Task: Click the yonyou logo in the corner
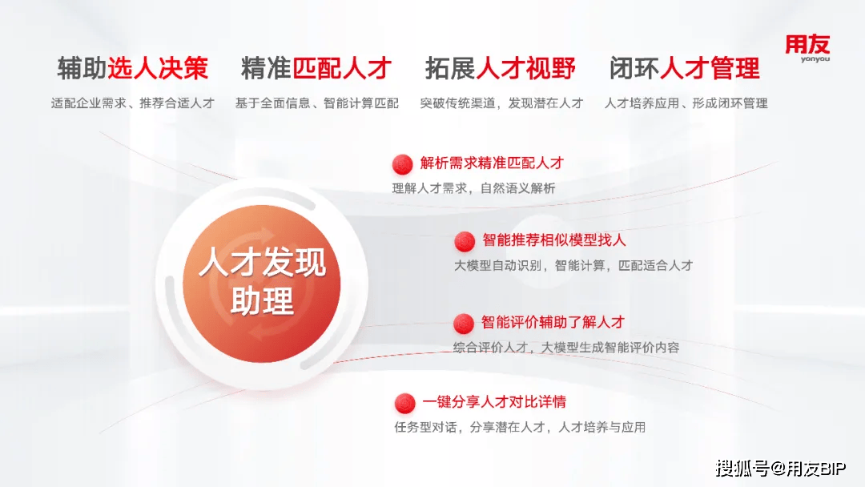coord(807,48)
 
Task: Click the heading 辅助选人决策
coord(133,68)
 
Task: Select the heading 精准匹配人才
coord(316,68)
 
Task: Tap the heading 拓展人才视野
coord(501,68)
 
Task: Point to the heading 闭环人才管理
coord(685,68)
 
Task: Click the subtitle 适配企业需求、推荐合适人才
coord(133,103)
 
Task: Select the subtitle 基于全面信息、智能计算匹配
coord(316,103)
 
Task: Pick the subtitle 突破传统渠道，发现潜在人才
coord(501,103)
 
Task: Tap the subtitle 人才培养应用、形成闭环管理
coord(686,103)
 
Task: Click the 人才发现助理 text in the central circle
coord(262,281)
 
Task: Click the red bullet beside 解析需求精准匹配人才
coord(402,164)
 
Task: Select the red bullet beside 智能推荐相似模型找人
coord(465,241)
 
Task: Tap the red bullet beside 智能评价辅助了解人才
coord(464,324)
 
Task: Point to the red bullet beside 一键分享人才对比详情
coord(405,403)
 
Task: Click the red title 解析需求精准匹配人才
coord(492,163)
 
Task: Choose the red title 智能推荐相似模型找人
coord(554,240)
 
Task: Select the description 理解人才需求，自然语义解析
coord(473,188)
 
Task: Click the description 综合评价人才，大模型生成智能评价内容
coord(566,348)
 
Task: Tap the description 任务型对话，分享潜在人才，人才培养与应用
coord(520,428)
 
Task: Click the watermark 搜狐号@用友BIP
coord(781,469)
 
